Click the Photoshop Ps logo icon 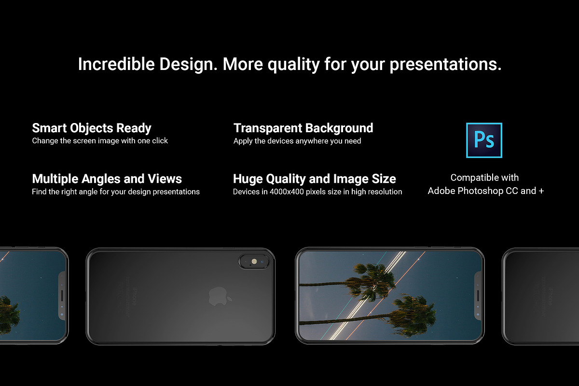(484, 140)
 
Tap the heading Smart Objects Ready (92, 128)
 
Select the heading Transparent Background (303, 128)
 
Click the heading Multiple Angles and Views (107, 179)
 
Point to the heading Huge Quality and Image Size (314, 179)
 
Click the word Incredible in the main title (116, 64)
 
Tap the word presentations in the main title (445, 64)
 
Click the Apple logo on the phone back (220, 296)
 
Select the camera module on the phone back (254, 262)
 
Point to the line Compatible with (484, 178)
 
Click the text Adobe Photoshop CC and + (486, 191)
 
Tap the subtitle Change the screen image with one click (100, 141)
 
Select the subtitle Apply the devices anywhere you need (297, 141)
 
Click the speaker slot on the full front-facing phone (478, 296)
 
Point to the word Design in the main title (188, 64)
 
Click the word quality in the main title (293, 64)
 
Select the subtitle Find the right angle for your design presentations (116, 192)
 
